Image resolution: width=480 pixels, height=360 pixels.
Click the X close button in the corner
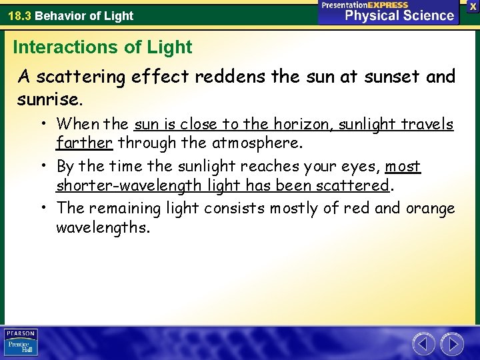tap(472, 6)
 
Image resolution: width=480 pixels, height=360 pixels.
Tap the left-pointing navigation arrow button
tap(423, 344)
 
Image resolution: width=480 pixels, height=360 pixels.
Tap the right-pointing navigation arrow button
tap(453, 344)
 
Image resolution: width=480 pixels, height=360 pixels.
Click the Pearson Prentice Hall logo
tap(21, 342)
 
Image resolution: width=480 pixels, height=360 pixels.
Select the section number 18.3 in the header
tap(19, 15)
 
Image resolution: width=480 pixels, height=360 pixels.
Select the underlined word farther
tap(84, 142)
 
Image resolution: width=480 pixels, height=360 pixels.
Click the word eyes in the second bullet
tap(361, 166)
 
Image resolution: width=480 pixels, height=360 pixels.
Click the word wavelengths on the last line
tap(103, 227)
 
